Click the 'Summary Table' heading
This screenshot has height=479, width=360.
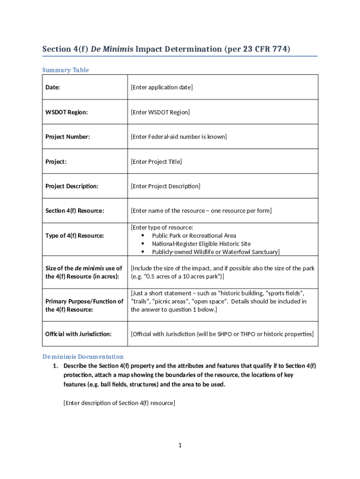[x=65, y=70]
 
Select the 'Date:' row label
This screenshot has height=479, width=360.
[x=53, y=87]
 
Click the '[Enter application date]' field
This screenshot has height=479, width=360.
[x=162, y=87]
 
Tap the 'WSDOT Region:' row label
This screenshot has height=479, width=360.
[x=66, y=112]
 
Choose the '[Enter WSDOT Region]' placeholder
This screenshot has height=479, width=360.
[x=160, y=112]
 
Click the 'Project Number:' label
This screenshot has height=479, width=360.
[x=67, y=137]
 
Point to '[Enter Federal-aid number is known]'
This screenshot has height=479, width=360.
[x=179, y=137]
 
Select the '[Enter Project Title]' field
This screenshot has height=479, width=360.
[x=156, y=162]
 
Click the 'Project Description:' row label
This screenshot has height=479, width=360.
[x=72, y=186]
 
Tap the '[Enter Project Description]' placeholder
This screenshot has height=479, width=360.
[x=166, y=186]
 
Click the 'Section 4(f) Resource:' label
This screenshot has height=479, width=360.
[x=74, y=211]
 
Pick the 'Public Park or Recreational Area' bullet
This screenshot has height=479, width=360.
[x=194, y=236]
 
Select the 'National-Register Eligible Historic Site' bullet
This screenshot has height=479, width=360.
[x=201, y=244]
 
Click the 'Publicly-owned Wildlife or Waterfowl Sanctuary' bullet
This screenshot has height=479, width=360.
[x=216, y=252]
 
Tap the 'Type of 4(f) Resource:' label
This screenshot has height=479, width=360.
[x=74, y=236]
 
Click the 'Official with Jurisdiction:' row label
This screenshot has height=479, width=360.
[x=78, y=334]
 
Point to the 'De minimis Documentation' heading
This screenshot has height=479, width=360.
[x=83, y=356]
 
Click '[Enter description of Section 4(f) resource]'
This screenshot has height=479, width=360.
[x=119, y=403]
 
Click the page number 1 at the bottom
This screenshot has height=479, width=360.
[x=180, y=445]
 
